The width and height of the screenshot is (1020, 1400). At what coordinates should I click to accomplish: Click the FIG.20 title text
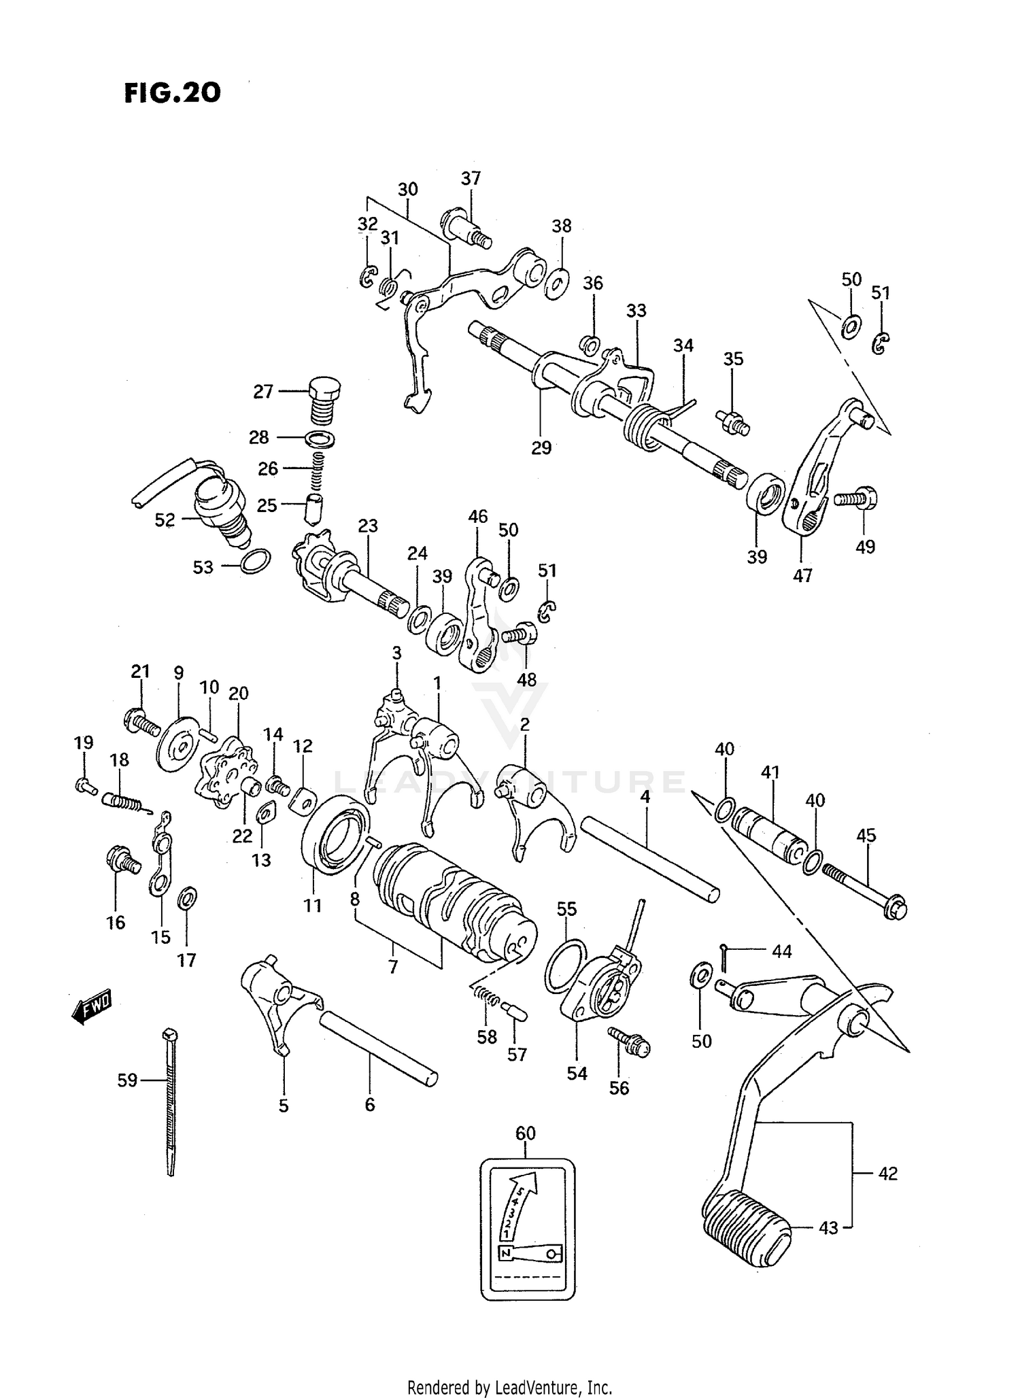(x=172, y=93)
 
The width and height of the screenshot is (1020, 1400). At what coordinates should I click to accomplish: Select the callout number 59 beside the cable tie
(x=127, y=1080)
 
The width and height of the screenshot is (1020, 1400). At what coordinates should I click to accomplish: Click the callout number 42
(x=887, y=1174)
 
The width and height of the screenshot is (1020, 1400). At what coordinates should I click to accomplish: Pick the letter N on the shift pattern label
(x=505, y=1252)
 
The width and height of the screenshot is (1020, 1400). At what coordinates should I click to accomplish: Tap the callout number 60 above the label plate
(x=526, y=1133)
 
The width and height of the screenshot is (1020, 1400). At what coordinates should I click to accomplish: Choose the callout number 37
(x=471, y=178)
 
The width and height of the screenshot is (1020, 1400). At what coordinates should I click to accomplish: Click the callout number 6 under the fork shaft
(x=369, y=1105)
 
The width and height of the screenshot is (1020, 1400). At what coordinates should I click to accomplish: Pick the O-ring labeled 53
(x=256, y=560)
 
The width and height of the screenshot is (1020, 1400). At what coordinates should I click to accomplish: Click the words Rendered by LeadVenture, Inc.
(x=509, y=1387)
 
